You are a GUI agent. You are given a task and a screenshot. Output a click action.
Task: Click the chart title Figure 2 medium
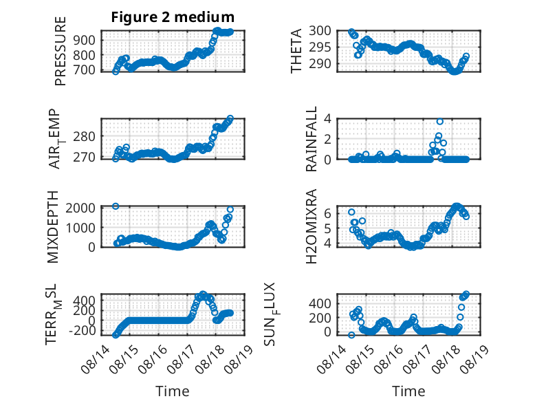click(x=173, y=17)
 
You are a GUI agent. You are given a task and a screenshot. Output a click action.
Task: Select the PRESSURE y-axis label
click(x=60, y=51)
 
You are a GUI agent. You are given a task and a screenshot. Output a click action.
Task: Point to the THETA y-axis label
click(x=296, y=51)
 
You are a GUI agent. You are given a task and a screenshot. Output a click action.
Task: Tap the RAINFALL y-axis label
click(x=312, y=139)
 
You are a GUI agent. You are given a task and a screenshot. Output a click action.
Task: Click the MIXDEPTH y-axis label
click(x=53, y=227)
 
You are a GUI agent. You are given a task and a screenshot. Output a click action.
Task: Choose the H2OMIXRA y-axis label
click(x=312, y=226)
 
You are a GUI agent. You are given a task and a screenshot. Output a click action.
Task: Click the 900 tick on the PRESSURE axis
click(x=85, y=41)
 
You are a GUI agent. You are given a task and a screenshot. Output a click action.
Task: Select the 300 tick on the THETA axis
click(x=320, y=31)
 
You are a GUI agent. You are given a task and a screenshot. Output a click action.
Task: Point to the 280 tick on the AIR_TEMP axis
click(x=85, y=137)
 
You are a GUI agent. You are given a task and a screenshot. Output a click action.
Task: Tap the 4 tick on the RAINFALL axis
click(x=327, y=119)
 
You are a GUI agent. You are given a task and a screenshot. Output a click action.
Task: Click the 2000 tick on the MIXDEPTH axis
click(x=80, y=208)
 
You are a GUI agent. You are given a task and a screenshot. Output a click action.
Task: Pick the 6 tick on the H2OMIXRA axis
click(x=327, y=214)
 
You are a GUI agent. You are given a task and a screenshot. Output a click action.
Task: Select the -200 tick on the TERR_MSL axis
click(x=83, y=330)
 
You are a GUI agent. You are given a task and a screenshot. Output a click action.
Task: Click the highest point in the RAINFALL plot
click(x=440, y=122)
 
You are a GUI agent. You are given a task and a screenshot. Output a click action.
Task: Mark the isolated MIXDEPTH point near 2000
click(x=116, y=206)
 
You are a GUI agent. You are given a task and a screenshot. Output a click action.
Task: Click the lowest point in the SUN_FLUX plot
click(x=351, y=335)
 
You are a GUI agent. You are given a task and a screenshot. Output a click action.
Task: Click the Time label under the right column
click(x=408, y=391)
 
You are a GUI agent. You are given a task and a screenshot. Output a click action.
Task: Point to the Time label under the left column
click(x=173, y=391)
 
